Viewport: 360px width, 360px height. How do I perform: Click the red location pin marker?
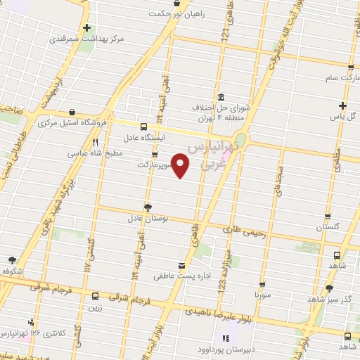click(181, 165)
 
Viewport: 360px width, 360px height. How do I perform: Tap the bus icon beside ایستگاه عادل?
click(143, 127)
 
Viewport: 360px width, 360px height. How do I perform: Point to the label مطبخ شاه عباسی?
click(95, 153)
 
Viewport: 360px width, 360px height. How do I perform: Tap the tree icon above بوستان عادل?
click(148, 207)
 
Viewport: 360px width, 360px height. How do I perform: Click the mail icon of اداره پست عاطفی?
click(183, 266)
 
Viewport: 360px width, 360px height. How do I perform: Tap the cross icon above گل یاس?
click(342, 105)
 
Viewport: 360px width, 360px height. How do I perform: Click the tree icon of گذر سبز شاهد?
click(328, 288)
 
